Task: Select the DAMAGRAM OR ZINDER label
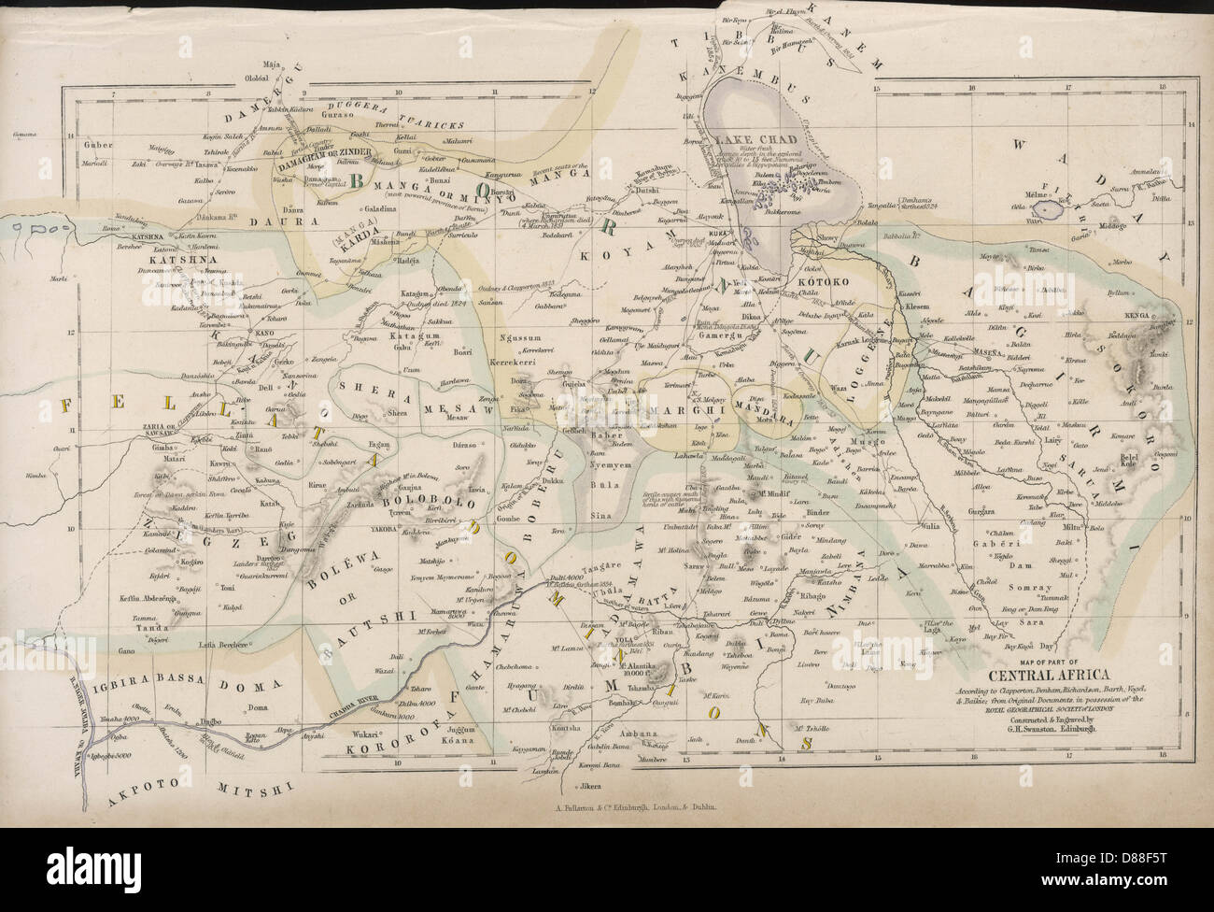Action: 324,151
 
